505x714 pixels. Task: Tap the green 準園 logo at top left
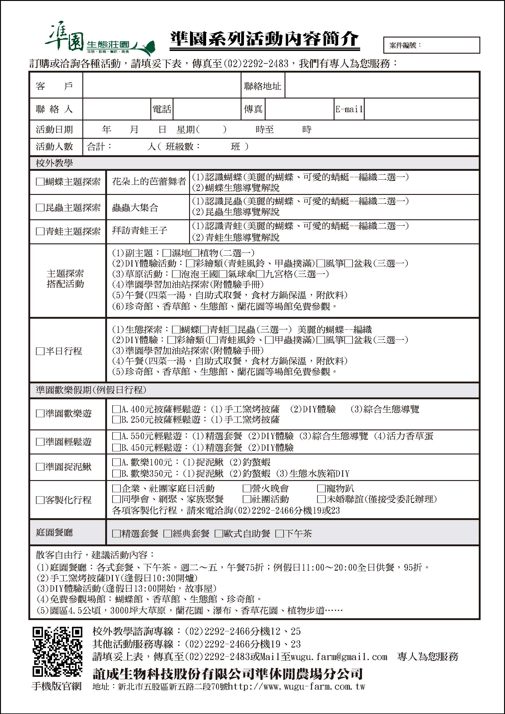coord(99,43)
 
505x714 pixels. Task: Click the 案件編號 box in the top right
coord(432,45)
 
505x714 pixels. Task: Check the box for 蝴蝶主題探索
coord(40,182)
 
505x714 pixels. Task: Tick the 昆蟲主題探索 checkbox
coord(40,207)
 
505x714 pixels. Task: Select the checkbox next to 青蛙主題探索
coord(40,231)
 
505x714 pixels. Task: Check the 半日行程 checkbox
coord(40,351)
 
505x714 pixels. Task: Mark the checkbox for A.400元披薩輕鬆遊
coord(116,409)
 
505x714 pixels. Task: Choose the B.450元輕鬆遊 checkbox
coord(116,447)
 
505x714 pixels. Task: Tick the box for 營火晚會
coord(247,489)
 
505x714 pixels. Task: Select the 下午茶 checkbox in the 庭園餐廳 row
coord(280,534)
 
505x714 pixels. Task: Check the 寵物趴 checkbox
coord(321,489)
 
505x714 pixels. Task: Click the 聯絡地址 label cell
coord(263,86)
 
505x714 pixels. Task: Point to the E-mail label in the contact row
coord(349,109)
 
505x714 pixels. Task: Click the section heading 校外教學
coord(54,163)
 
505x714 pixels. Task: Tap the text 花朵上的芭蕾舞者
coord(149,181)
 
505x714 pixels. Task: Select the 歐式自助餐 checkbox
coord(219,534)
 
